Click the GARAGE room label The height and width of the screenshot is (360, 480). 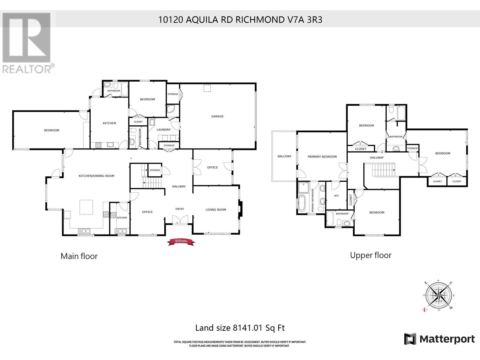click(217, 116)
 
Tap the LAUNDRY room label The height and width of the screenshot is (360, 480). click(163, 130)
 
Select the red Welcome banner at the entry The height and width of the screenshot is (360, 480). click(181, 241)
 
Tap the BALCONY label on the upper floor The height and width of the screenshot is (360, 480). click(284, 156)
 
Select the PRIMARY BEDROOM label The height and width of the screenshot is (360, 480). click(322, 157)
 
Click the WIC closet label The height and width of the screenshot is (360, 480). click(336, 196)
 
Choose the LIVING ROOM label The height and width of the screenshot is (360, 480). click(216, 210)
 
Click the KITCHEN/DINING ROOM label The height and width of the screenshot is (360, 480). click(96, 176)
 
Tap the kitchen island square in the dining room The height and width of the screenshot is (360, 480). click(86, 207)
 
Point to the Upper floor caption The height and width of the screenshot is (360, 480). click(370, 255)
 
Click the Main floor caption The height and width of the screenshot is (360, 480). click(79, 256)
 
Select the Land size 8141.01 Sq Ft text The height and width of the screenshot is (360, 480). click(240, 328)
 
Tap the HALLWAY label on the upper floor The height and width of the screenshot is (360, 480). click(376, 157)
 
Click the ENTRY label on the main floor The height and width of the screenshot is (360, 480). click(180, 209)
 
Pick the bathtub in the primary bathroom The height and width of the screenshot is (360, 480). click(301, 203)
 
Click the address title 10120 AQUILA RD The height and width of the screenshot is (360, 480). click(240, 20)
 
